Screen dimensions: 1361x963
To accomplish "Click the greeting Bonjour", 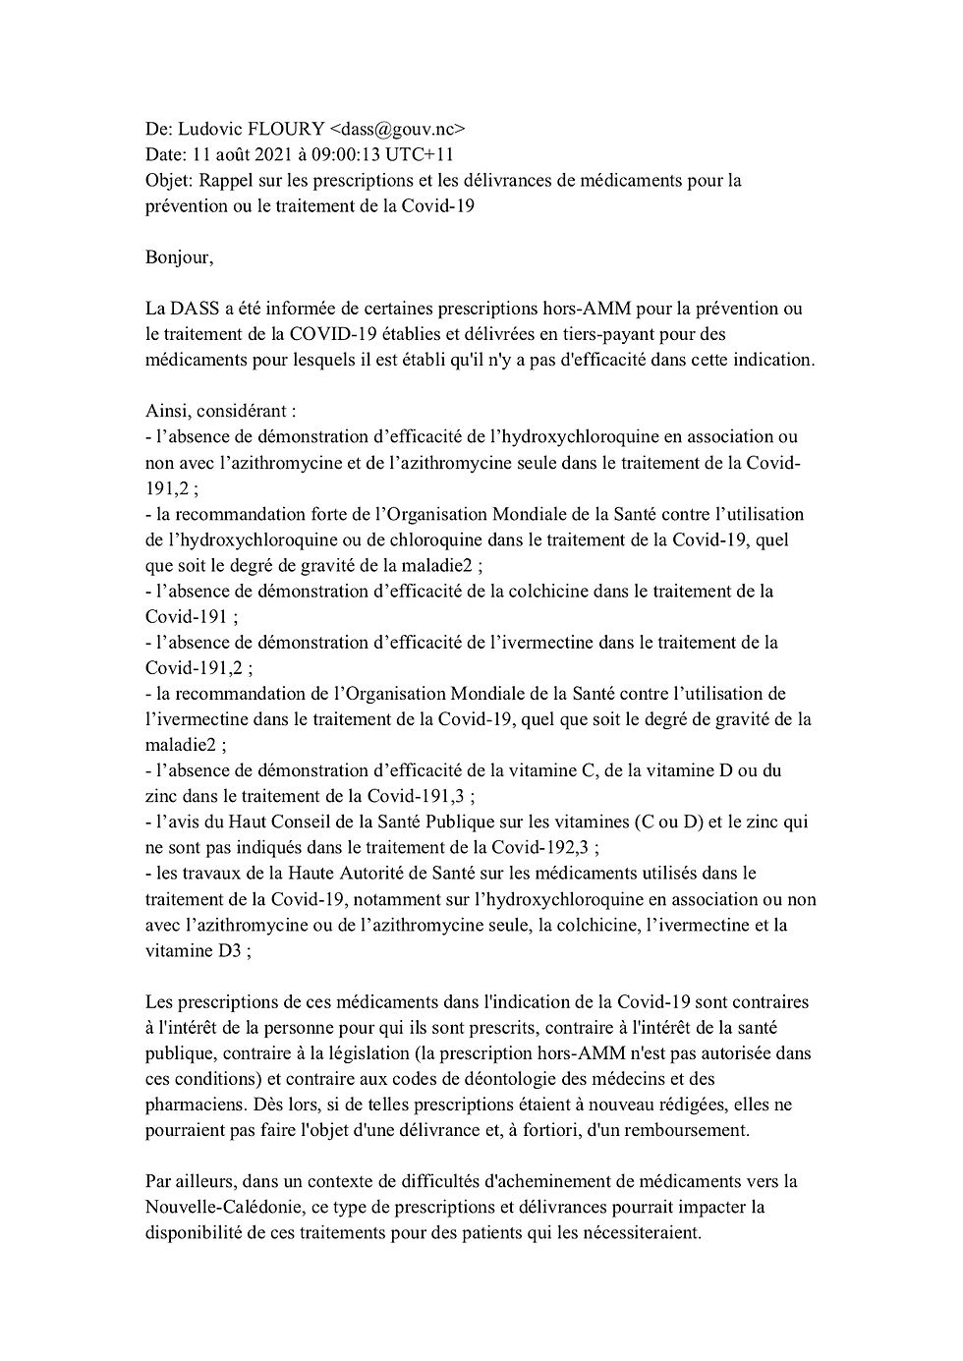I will coord(177,257).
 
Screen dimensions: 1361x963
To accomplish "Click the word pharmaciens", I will coord(194,1104).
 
